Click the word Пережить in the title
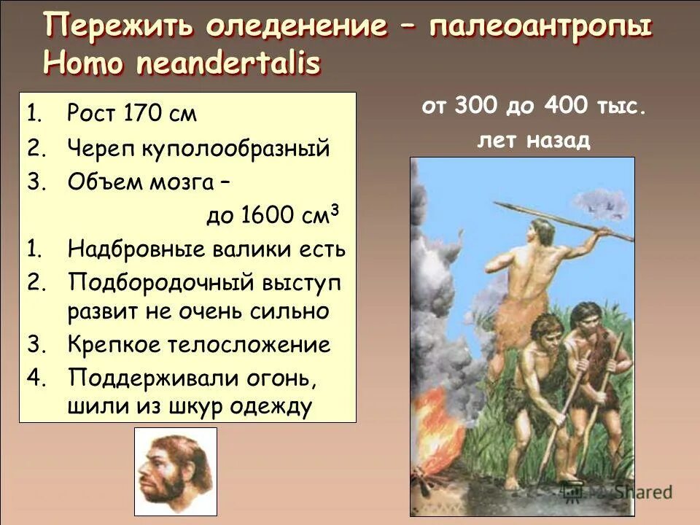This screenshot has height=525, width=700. click(119, 28)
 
